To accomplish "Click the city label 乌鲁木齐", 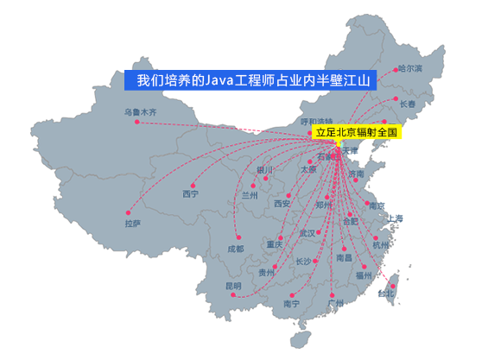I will (141, 112).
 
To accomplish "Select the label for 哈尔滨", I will (410, 68).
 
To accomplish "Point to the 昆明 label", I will (234, 285).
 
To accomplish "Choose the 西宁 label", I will (190, 194).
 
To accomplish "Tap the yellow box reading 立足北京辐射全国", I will (355, 133).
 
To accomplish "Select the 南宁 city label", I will (290, 304).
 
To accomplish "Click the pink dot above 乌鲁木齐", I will (136, 122).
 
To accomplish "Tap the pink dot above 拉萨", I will (127, 212).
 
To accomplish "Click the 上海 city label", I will (395, 218).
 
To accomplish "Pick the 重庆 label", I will (275, 244).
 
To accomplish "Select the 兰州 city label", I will (250, 196).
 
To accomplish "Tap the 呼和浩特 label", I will (316, 121).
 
